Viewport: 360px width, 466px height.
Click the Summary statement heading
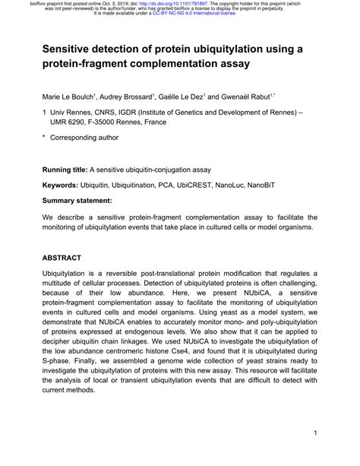77,202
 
